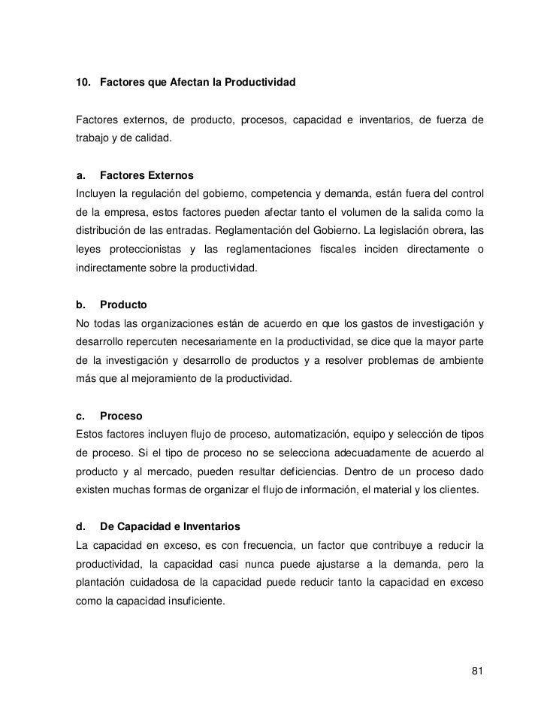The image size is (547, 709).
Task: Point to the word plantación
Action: pyautogui.click(x=101, y=582)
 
